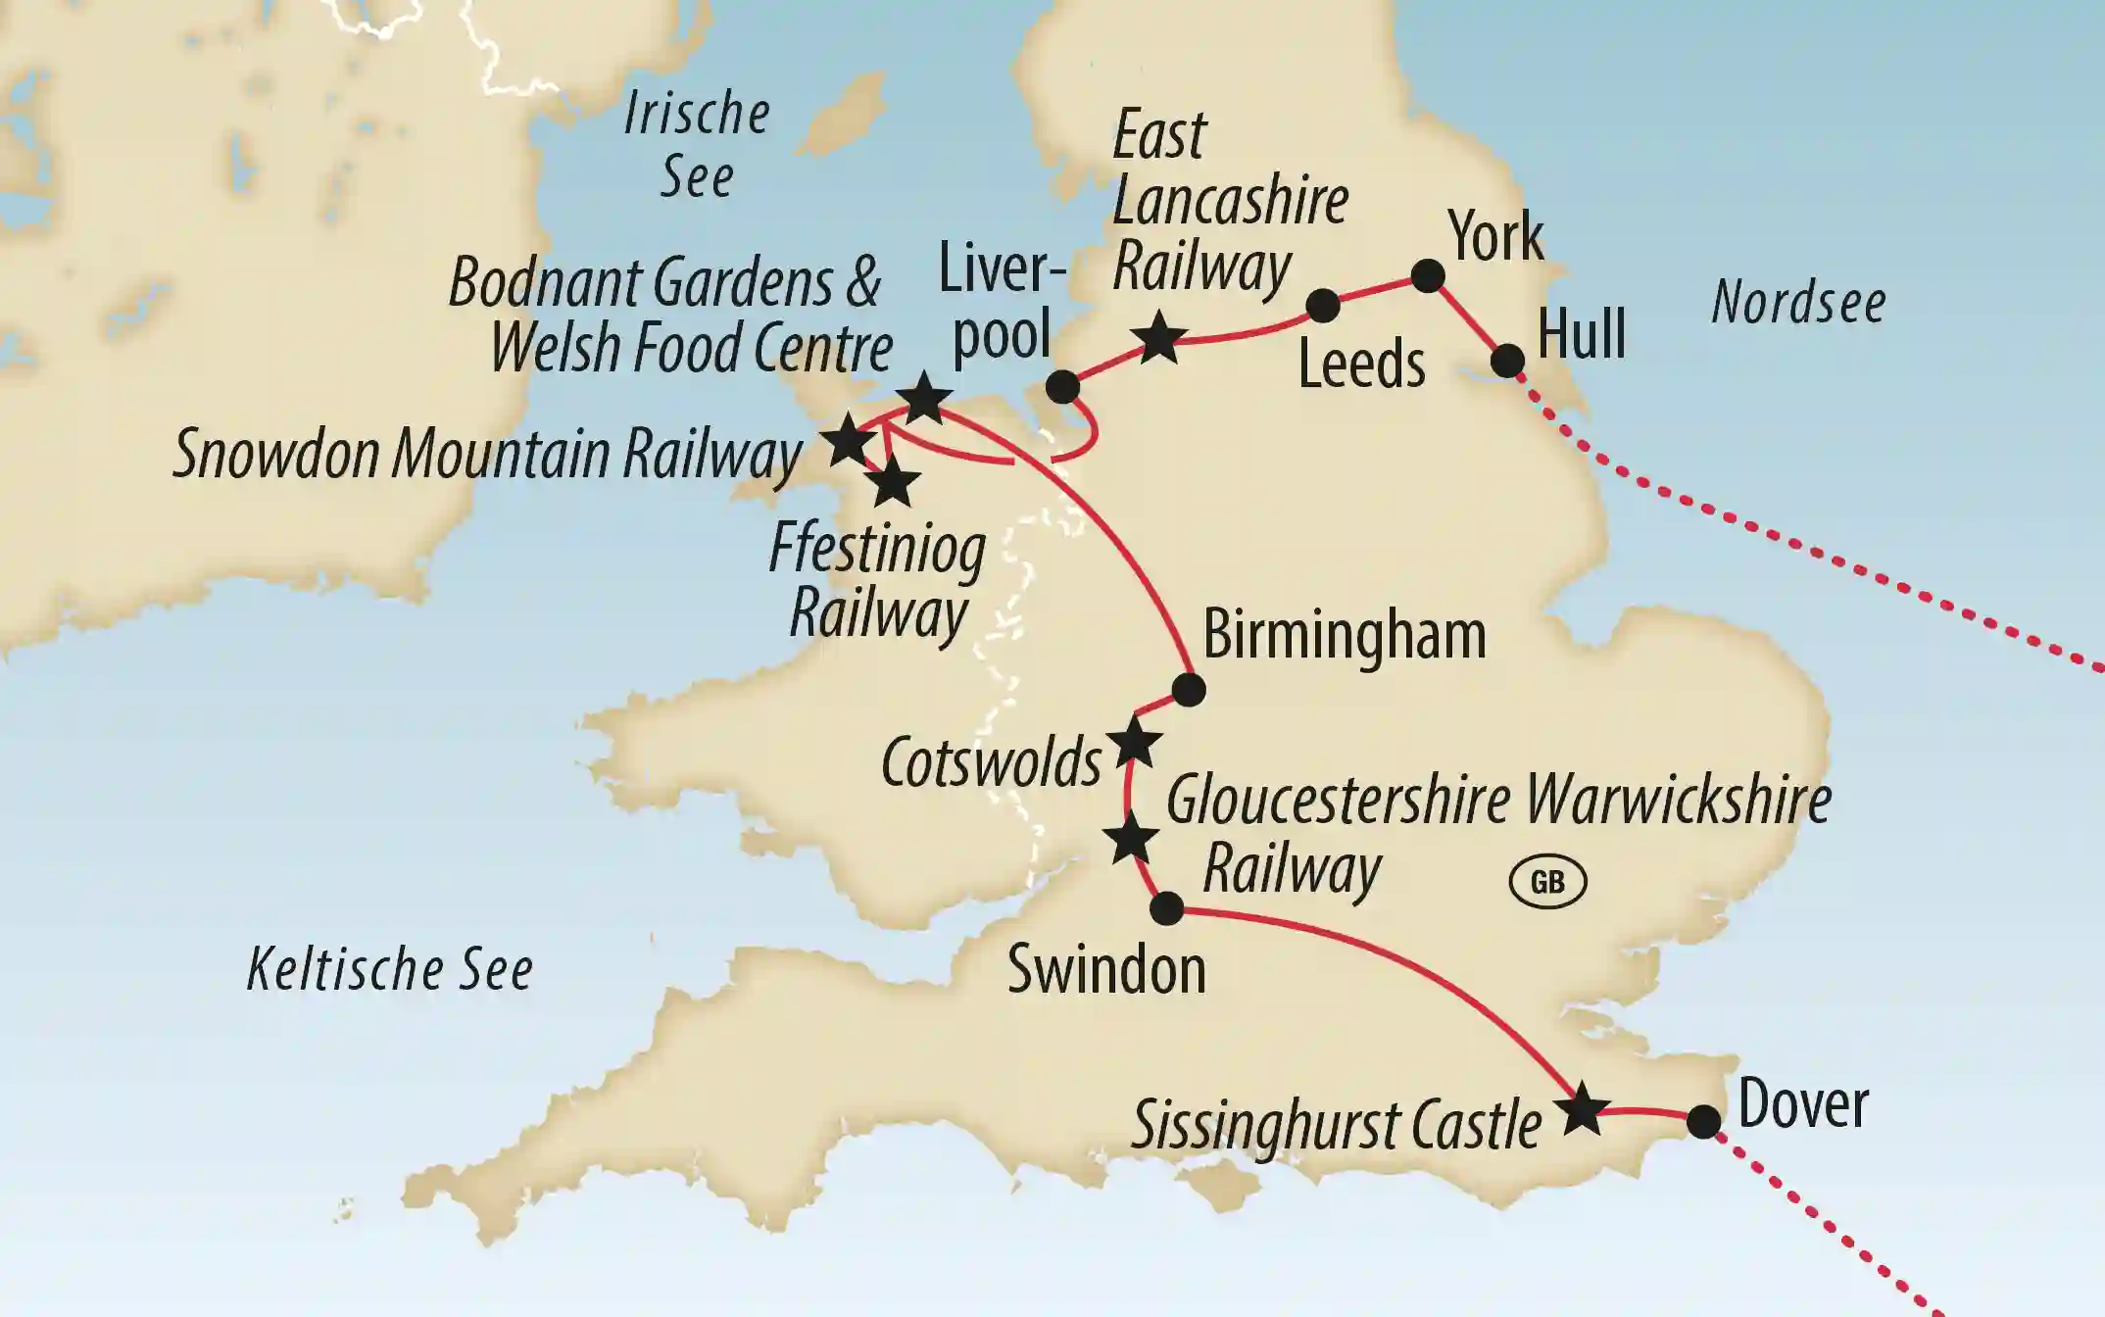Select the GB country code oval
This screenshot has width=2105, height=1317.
click(x=1547, y=882)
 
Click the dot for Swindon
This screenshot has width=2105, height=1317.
click(x=1166, y=908)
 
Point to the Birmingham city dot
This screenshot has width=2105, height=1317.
click(x=1188, y=690)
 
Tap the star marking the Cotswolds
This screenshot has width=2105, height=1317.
click(x=1134, y=744)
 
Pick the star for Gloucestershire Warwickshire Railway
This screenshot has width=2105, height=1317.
click(x=1130, y=840)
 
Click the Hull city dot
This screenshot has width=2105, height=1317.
click(x=1507, y=361)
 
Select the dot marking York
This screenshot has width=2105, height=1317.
click(x=1428, y=276)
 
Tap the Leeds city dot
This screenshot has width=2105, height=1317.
click(x=1323, y=305)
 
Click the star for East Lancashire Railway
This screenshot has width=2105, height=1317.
click(x=1159, y=339)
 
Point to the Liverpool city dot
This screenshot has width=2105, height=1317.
click(x=1062, y=387)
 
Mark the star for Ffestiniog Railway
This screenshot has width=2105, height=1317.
click(x=892, y=483)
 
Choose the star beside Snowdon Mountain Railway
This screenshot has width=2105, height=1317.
click(x=848, y=442)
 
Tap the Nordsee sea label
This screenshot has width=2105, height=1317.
click(x=1798, y=302)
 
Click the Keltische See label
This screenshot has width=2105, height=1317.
click(x=389, y=970)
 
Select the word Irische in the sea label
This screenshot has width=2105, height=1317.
click(x=697, y=114)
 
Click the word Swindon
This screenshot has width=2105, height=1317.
click(x=1106, y=970)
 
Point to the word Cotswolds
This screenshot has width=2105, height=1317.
click(x=991, y=762)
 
